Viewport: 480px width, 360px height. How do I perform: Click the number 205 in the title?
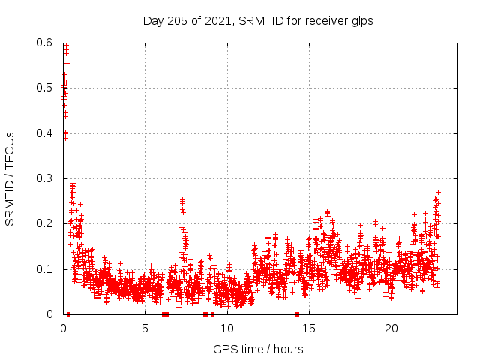(177, 21)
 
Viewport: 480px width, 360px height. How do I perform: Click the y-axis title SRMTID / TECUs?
(10, 178)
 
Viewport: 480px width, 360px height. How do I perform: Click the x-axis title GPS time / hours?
(258, 349)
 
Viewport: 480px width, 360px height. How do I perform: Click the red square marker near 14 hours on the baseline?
(297, 314)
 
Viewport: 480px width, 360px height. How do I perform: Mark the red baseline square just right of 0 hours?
(68, 314)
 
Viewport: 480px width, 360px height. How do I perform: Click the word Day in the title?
(153, 21)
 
